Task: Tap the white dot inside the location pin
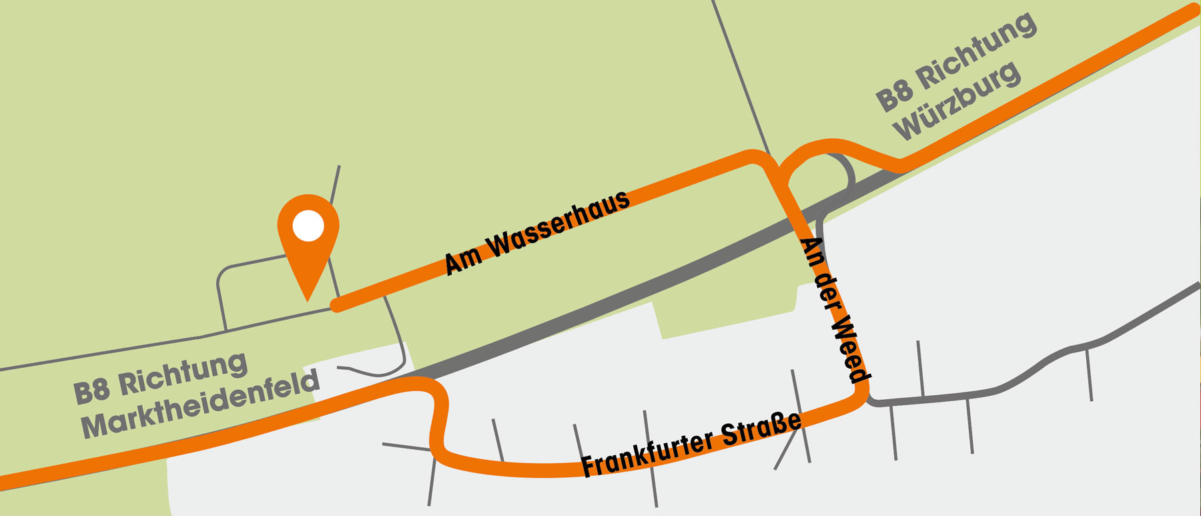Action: [308, 226]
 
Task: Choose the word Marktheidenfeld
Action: [200, 405]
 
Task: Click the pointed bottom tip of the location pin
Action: [308, 299]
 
